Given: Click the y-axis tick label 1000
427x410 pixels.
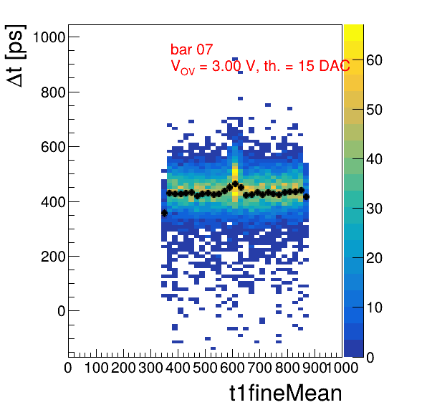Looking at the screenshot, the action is (49, 37).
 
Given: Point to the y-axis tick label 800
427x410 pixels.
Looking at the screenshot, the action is (53, 92).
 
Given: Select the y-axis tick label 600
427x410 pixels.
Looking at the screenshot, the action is (53, 147).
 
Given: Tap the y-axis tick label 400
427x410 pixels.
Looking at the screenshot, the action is (53, 202).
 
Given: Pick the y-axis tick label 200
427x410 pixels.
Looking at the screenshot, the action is (53, 257).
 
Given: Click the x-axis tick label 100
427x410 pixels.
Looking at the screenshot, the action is (97, 368).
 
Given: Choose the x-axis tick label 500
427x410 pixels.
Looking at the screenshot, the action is (205, 368).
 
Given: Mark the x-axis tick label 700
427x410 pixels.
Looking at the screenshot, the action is (259, 368).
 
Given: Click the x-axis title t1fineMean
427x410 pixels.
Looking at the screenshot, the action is (286, 393).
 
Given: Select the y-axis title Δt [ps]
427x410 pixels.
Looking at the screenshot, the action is (16, 56).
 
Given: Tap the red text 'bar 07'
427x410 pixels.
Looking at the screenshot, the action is (191, 49).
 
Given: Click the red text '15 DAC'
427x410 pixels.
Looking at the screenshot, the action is (324, 66).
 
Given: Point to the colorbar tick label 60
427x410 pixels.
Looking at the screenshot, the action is (374, 60).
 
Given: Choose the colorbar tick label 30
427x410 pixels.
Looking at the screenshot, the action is (374, 209).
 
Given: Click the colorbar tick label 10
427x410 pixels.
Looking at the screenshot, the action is (374, 307).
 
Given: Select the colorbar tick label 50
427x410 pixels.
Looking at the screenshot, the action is (374, 110).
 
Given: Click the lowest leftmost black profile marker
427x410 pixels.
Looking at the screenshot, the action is (164, 213).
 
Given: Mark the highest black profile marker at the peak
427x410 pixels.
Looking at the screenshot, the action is (235, 183).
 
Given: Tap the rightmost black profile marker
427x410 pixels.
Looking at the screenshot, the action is (306, 196).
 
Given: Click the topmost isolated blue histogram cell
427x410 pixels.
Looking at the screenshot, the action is (235, 59).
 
